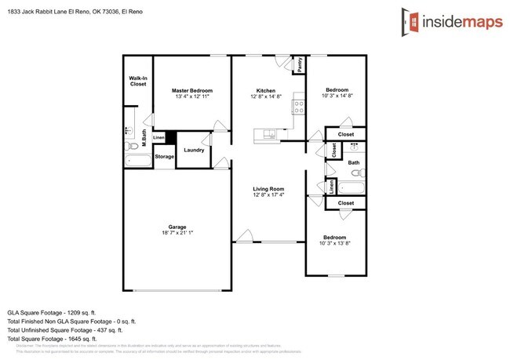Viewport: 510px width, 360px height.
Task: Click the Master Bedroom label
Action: pos(192,90)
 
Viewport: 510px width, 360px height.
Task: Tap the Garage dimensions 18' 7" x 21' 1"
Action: pos(176,232)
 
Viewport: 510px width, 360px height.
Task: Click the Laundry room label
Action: pos(194,150)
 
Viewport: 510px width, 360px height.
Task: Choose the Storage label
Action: pos(164,157)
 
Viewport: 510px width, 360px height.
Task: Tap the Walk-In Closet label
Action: pos(138,81)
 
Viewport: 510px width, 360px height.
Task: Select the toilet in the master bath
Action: pos(133,146)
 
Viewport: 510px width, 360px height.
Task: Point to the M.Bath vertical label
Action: pos(144,136)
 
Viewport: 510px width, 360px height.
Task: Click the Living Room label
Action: pos(268,189)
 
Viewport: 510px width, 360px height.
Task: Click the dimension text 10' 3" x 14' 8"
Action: pos(336,97)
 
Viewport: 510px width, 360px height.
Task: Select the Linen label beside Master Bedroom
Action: pos(158,138)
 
